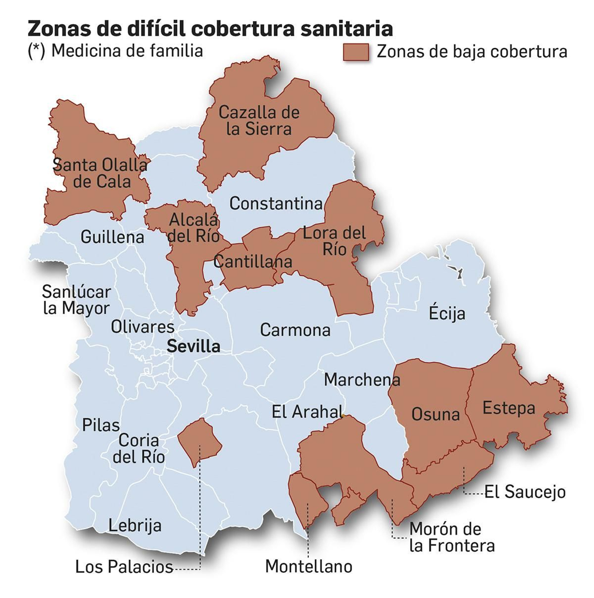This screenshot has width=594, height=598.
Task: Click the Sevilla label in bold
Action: point(193,346)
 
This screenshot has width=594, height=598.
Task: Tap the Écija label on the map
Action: point(447,313)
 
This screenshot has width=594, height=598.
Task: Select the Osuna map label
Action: point(435,414)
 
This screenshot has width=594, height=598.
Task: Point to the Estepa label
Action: point(509,408)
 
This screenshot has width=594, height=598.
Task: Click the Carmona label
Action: point(295,330)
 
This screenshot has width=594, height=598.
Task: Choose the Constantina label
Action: point(276,203)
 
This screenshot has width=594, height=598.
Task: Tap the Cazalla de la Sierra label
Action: point(259,121)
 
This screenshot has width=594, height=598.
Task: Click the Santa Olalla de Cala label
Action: point(100,173)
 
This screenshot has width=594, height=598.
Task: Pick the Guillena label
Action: point(112,237)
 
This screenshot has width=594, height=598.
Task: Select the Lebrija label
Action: point(135,526)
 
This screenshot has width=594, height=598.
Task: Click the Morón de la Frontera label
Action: point(452,537)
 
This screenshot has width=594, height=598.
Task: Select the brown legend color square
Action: point(356,52)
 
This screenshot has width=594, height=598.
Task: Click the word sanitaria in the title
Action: point(347,29)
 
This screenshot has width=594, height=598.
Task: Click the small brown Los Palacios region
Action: point(200,441)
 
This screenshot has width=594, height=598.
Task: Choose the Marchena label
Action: point(362,380)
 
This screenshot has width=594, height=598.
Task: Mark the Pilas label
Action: point(101,425)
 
